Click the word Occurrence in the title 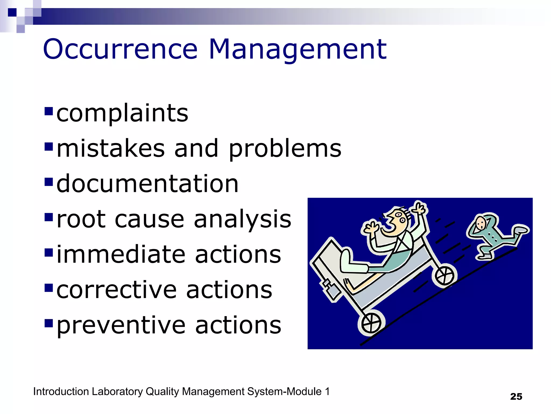(x=120, y=49)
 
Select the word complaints (x=122, y=113)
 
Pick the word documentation (x=147, y=184)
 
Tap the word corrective (x=116, y=290)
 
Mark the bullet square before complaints (x=49, y=111)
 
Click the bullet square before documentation (x=49, y=182)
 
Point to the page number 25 (x=516, y=396)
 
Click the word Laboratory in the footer (x=117, y=392)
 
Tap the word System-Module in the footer (x=284, y=392)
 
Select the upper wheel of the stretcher (x=444, y=276)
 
